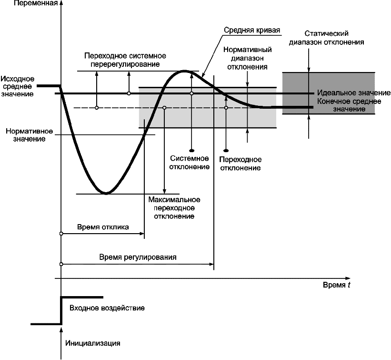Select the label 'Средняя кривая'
252,30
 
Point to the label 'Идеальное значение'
353,93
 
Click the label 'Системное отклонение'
190,162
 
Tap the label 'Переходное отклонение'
240,164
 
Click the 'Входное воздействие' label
107,308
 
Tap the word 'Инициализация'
92,342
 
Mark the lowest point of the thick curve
106,193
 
